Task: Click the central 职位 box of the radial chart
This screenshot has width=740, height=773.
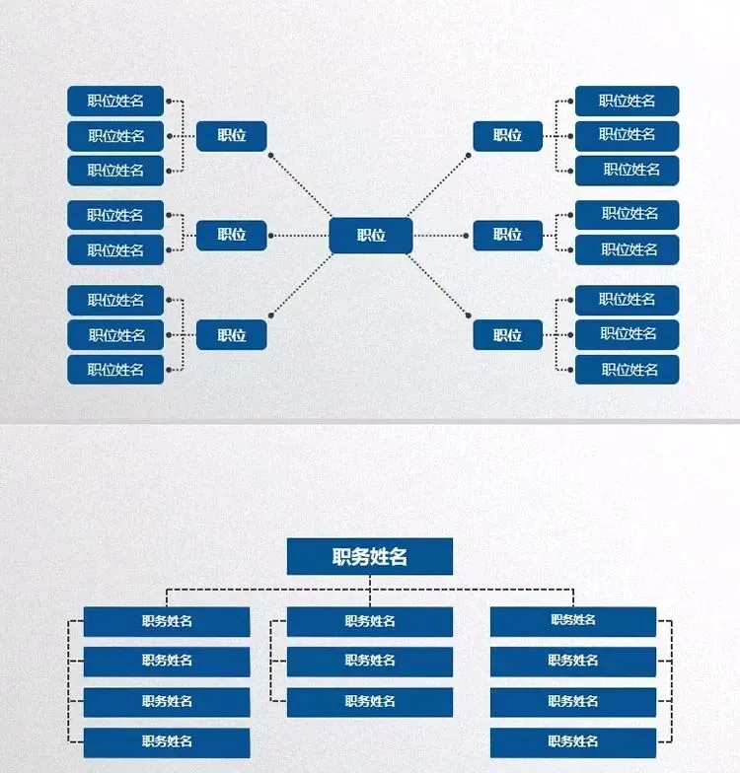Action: (x=370, y=236)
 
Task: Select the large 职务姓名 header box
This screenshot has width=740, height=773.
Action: (x=370, y=556)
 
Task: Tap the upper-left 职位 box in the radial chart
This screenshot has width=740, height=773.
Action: (x=232, y=136)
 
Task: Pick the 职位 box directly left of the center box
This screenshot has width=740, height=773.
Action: (x=232, y=235)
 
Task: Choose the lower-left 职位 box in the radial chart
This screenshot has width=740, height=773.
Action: (x=232, y=335)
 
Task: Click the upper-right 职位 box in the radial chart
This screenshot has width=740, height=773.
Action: (x=507, y=136)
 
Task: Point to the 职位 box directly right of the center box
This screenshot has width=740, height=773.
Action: (x=507, y=235)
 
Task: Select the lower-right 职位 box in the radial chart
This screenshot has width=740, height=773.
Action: (x=507, y=335)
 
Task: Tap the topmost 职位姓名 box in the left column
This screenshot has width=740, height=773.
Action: (x=115, y=101)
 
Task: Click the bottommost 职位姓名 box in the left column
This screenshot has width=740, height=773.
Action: (x=115, y=370)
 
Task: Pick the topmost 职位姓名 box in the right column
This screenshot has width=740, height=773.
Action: (x=628, y=101)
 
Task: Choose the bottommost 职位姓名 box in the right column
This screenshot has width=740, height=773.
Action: (x=628, y=370)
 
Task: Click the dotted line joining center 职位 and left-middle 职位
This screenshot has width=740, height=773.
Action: (x=299, y=236)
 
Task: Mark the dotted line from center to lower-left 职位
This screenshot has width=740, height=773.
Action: (x=301, y=285)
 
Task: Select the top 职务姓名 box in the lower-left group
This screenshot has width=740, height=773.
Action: (x=167, y=621)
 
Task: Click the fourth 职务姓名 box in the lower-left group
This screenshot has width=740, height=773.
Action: (x=167, y=741)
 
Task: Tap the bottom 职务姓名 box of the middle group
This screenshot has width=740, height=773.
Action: (x=370, y=702)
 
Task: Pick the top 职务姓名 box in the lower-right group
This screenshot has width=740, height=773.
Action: (x=573, y=621)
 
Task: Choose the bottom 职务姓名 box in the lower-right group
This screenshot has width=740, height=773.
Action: (x=573, y=741)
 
